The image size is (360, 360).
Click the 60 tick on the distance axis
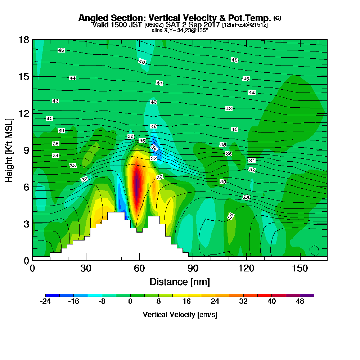[x=139, y=268]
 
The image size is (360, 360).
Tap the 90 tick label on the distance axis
[x=193, y=268]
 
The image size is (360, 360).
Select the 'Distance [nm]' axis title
[x=180, y=282]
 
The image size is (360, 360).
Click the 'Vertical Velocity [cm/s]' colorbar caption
[x=180, y=315]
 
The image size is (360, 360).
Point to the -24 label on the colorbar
[x=45, y=302]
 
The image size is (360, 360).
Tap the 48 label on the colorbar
[x=300, y=302]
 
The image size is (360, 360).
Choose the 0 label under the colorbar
[x=130, y=302]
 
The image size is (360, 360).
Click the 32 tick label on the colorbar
[x=243, y=302]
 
